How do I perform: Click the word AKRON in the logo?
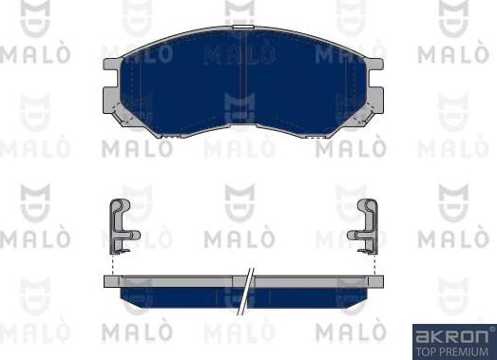click(x=451, y=337)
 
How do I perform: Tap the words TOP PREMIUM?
click(x=452, y=351)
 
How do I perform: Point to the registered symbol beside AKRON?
click(x=492, y=329)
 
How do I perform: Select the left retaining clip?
click(x=121, y=226)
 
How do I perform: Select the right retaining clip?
click(x=367, y=226)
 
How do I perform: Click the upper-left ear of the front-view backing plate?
click(x=112, y=64)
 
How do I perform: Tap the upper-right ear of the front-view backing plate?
click(x=375, y=64)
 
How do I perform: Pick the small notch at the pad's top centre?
click(x=243, y=28)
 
